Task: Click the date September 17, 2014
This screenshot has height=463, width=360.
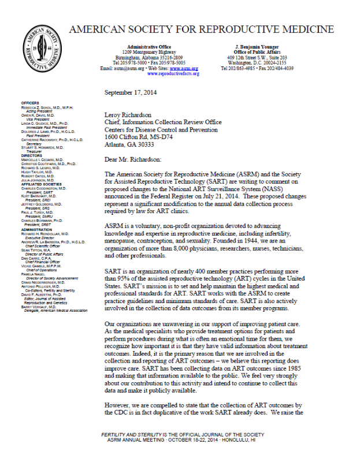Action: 134,93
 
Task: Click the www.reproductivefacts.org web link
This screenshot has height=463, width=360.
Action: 173,74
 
